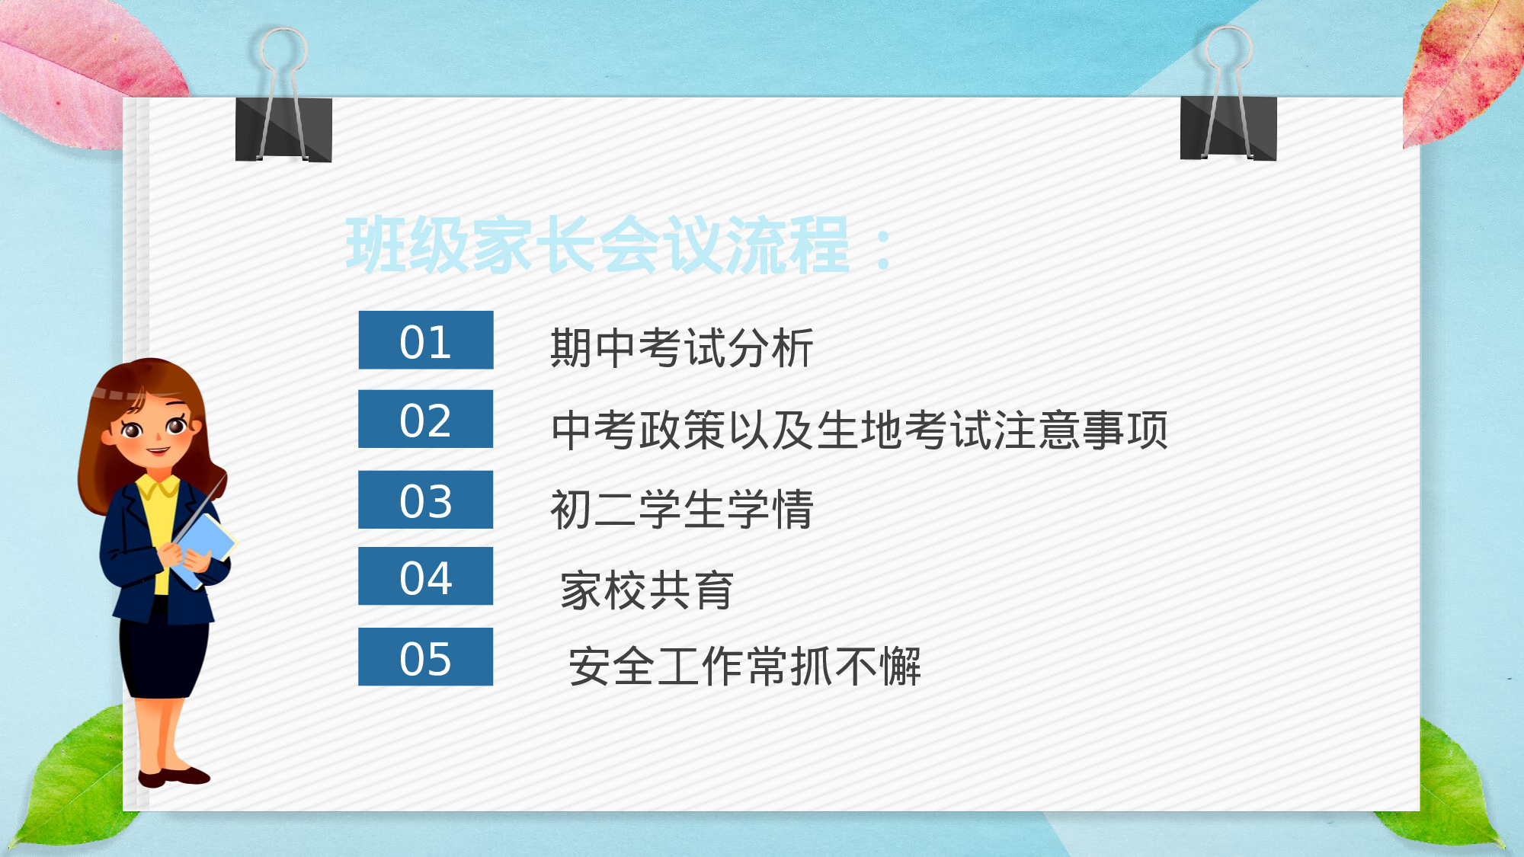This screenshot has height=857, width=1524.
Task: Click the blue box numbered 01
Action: pos(426,341)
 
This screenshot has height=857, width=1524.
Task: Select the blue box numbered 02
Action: pos(426,419)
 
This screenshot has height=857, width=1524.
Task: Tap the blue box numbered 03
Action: pos(426,500)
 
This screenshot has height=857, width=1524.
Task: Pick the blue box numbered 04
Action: pos(426,577)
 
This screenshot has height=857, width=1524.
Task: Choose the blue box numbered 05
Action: pos(426,657)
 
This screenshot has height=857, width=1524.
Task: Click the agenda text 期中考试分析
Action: pos(682,348)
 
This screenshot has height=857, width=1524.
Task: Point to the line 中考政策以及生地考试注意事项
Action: pos(860,430)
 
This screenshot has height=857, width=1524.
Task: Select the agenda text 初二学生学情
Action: pos(682,509)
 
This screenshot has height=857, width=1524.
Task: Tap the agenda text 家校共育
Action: pos(647,590)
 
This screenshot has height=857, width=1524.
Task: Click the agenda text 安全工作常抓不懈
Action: pos(744,667)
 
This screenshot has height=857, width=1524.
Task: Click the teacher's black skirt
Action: pos(164,655)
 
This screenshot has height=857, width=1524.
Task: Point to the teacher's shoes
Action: pos(173,776)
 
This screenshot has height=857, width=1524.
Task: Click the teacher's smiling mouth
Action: pos(158,450)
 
